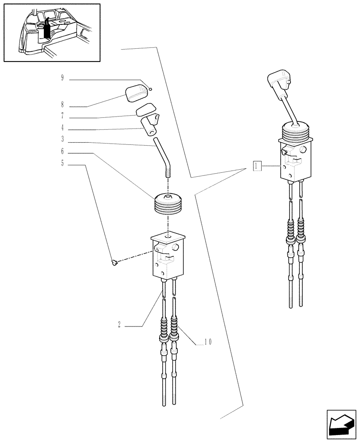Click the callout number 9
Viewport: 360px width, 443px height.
63,78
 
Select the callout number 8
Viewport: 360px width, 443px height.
63,105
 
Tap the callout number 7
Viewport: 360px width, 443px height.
63,117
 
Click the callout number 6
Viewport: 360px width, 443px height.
63,152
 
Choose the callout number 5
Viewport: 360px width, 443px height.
63,163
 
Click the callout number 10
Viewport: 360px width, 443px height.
207,342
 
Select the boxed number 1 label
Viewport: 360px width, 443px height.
257,166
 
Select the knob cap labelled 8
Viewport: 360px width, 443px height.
137,93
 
